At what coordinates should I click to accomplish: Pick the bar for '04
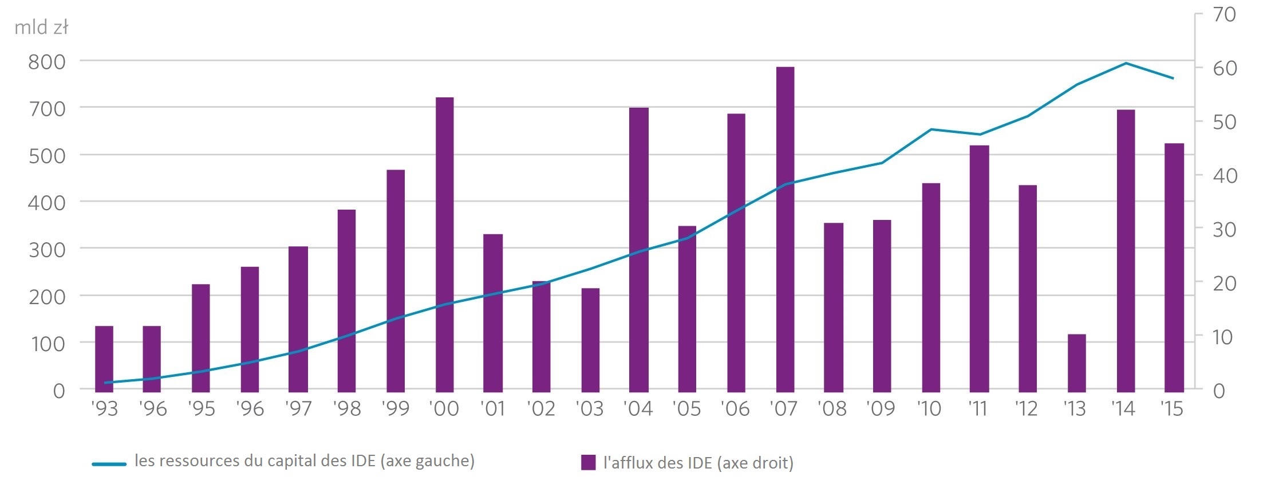(x=638, y=249)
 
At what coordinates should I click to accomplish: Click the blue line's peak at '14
(x=1126, y=63)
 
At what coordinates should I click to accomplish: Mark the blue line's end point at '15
(x=1173, y=78)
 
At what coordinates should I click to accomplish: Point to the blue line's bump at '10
(x=931, y=129)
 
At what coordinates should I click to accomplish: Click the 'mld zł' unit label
(x=41, y=27)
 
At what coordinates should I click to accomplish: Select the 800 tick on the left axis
(x=47, y=61)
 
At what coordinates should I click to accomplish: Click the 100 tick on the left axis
(x=47, y=344)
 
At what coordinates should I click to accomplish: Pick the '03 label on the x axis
(x=590, y=409)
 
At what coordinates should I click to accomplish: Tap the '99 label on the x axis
(x=395, y=409)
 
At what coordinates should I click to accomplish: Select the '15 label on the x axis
(x=1172, y=409)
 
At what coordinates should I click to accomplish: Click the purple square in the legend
(x=588, y=462)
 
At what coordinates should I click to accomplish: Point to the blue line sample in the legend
(x=109, y=464)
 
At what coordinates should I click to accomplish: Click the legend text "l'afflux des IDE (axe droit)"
(x=698, y=463)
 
